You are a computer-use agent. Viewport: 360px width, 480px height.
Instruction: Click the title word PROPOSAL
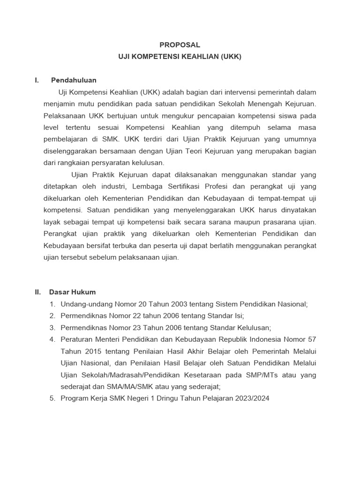180,45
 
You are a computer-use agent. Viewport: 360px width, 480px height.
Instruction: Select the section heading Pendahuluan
74,80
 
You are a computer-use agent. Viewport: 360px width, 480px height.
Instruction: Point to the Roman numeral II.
38,292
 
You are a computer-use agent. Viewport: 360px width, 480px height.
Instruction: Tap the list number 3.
52,328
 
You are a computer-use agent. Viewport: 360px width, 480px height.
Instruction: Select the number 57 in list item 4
312,339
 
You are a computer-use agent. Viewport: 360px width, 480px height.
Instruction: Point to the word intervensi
247,92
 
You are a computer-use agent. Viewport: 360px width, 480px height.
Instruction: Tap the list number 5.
52,398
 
